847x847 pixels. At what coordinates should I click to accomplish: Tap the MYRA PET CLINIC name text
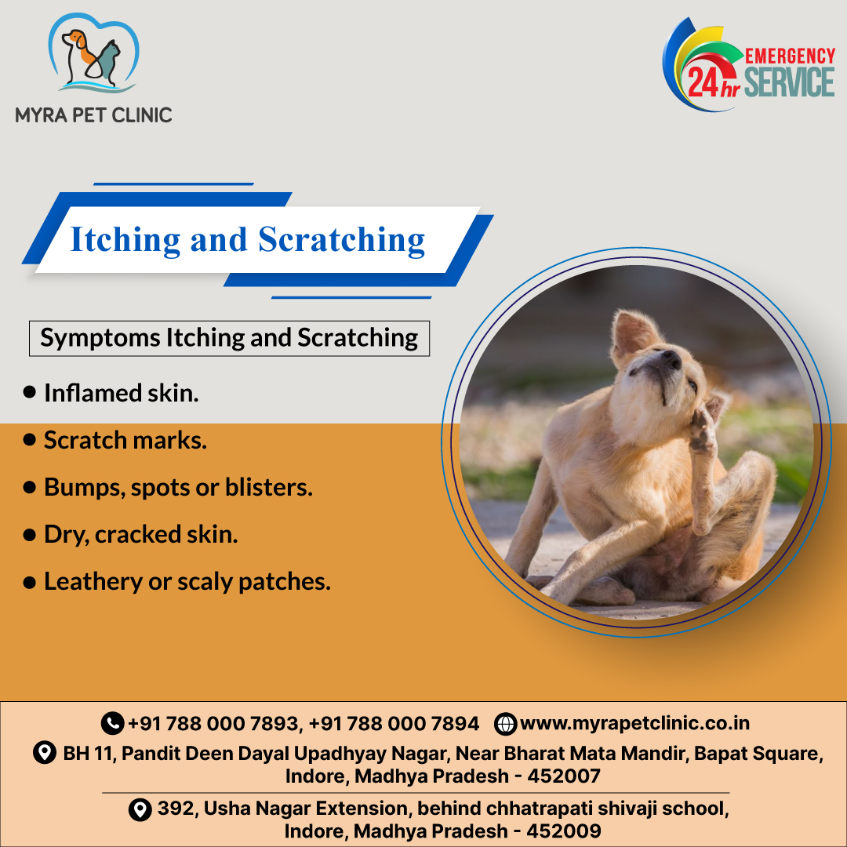coord(93,115)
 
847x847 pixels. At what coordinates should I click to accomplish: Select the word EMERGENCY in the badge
coord(790,56)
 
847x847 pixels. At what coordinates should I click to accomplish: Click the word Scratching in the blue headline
coord(341,239)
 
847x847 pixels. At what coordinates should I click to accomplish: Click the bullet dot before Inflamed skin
coord(30,391)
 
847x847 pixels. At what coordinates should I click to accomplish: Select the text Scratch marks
coord(125,440)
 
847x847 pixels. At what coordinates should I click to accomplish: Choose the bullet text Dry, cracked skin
coord(140,535)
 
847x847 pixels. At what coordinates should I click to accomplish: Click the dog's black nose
coord(671,357)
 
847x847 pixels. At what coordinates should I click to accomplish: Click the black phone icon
coord(112,723)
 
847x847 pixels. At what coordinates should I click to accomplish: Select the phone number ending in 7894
coord(394,723)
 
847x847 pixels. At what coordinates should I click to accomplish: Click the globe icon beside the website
coord(506,723)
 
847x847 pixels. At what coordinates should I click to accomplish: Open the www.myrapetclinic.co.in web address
coord(634,723)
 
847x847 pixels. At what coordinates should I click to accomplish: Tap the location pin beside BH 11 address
coord(44,752)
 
